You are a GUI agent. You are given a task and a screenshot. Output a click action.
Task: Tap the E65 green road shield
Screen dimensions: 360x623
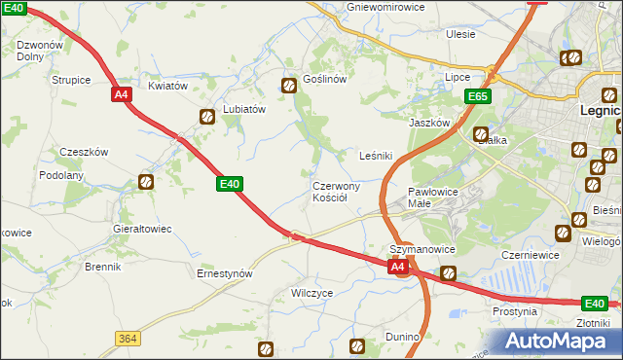pos(477,97)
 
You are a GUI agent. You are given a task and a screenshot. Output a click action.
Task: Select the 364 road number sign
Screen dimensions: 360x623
pos(127,338)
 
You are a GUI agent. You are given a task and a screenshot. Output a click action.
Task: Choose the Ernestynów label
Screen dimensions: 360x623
pos(225,273)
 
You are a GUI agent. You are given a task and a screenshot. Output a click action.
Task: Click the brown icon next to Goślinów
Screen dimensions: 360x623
pos(289,86)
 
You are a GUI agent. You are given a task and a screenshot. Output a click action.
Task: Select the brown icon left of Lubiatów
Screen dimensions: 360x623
pos(208,117)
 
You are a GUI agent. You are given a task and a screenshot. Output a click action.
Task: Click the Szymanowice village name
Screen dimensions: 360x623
pos(422,250)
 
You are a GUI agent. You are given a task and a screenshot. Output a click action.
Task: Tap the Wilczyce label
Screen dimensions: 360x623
pos(312,292)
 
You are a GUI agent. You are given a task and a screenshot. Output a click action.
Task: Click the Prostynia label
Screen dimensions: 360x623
pos(515,312)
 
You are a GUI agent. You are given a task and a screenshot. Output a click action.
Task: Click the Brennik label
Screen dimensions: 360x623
pos(102,267)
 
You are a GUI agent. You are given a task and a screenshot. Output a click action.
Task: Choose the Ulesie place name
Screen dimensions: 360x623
pos(460,34)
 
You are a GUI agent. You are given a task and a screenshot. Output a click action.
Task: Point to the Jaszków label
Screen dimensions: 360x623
pos(429,124)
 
